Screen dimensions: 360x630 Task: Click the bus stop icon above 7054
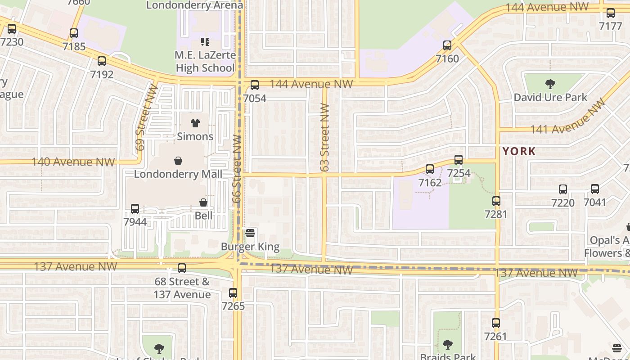click(255, 85)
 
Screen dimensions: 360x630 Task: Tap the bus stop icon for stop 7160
click(447, 45)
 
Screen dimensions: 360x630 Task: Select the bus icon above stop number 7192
click(102, 61)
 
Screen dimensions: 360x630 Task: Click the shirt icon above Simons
click(195, 123)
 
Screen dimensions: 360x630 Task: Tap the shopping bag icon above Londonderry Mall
click(178, 161)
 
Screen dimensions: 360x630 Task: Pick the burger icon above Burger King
click(250, 233)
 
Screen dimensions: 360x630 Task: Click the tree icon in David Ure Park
click(550, 84)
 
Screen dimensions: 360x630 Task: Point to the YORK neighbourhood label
click(519, 151)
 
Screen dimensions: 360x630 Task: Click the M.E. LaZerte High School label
click(205, 62)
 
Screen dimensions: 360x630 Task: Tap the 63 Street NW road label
click(325, 138)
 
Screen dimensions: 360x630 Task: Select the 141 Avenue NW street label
click(568, 117)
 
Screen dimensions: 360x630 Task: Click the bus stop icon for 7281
click(496, 201)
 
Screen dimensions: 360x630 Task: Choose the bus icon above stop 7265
click(233, 292)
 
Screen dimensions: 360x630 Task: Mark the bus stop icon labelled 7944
click(135, 208)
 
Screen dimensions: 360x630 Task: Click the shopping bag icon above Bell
click(203, 202)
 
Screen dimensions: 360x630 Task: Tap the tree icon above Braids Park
click(447, 345)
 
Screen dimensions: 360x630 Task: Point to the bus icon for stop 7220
click(562, 189)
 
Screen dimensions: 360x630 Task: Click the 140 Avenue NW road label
click(73, 162)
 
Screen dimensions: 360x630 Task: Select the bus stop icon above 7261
click(495, 323)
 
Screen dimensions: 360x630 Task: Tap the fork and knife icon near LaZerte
click(205, 42)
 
